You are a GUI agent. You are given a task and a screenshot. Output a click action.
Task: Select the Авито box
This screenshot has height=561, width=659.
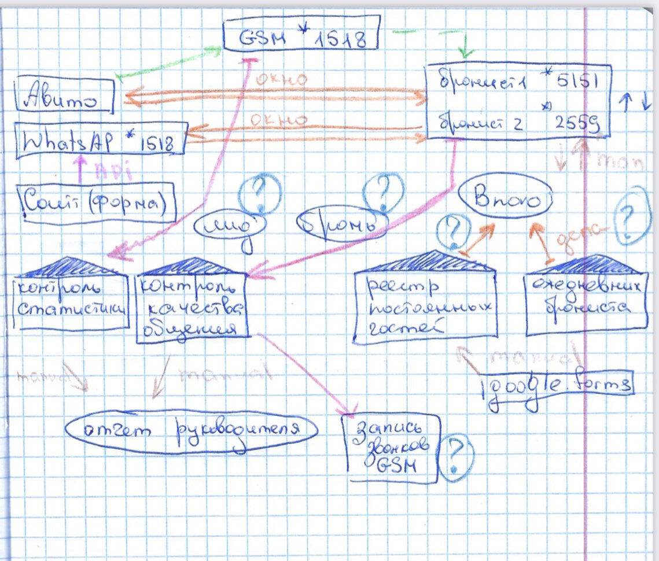(64, 95)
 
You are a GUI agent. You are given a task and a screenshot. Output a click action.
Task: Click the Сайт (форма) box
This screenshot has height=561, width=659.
(97, 203)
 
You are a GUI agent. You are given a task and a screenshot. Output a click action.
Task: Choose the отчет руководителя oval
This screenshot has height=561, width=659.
(192, 429)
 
